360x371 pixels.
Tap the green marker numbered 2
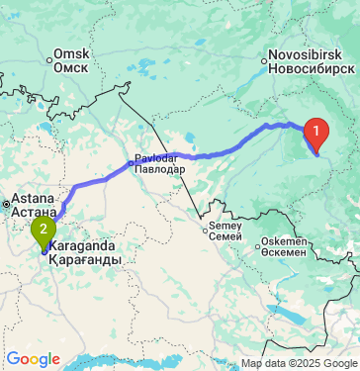pyautogui.click(x=43, y=232)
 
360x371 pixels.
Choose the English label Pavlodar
pyautogui.click(x=159, y=157)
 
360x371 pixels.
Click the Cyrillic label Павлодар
pyautogui.click(x=159, y=169)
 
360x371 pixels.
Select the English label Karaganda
pyautogui.click(x=85, y=245)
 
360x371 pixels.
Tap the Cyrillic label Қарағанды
pyautogui.click(x=85, y=259)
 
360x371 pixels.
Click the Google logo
pyautogui.click(x=33, y=357)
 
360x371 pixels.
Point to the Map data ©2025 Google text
pyautogui.click(x=300, y=363)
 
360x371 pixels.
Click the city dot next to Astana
pyautogui.click(x=7, y=205)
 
